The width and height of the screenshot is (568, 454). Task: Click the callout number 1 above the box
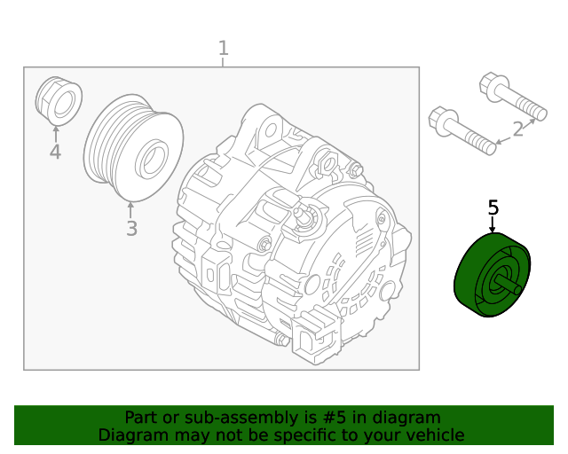click(x=224, y=49)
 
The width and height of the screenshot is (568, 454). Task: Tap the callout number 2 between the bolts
click(x=518, y=129)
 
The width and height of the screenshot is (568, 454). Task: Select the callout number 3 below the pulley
click(x=132, y=229)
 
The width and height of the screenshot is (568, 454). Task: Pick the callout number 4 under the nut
click(x=55, y=152)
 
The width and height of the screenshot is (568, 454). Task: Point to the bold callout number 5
click(x=493, y=207)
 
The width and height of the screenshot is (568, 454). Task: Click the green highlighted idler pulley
click(x=493, y=275)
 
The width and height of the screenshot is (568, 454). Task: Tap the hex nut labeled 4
click(x=59, y=101)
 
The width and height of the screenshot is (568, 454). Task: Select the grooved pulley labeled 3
click(x=133, y=148)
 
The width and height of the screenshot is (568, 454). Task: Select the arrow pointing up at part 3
click(x=130, y=210)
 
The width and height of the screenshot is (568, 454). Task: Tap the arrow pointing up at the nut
click(x=55, y=134)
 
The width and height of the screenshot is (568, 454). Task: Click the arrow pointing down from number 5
click(x=492, y=224)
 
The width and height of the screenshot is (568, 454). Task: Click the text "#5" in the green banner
click(x=334, y=418)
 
